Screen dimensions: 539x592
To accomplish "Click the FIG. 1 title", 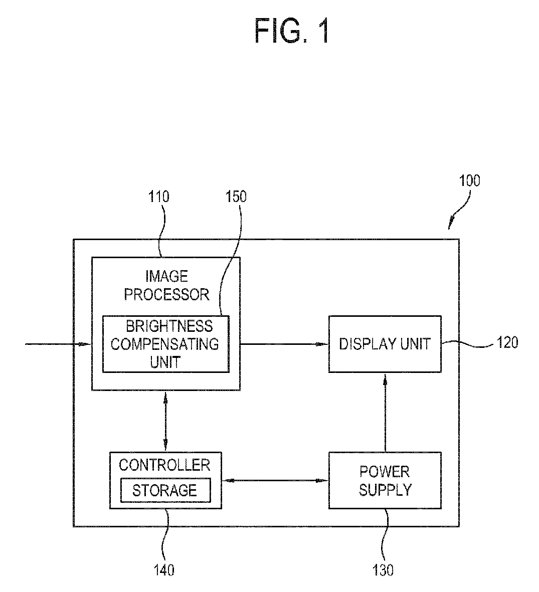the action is (292, 31).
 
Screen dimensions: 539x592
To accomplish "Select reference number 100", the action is (469, 181).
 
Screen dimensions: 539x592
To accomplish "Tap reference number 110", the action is (158, 196).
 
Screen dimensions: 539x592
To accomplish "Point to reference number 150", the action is (236, 196).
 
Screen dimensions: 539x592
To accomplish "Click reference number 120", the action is (507, 342).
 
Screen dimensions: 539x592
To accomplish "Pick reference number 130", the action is (383, 570).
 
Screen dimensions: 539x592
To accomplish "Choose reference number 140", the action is (164, 570).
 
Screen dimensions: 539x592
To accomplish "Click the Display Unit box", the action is (385, 344).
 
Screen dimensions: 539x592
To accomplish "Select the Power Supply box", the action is (385, 480).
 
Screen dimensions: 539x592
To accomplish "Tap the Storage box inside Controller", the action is (165, 490).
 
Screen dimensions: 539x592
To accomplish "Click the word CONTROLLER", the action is (164, 465).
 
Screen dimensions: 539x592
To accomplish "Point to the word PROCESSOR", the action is (166, 294).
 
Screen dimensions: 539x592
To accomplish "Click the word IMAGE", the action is (166, 276).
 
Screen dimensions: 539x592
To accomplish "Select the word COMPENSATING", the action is (164, 344).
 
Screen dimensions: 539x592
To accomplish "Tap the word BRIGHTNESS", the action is (169, 326).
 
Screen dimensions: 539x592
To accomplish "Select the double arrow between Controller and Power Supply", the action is (275, 480).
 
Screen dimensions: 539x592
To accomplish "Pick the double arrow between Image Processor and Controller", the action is (165, 421).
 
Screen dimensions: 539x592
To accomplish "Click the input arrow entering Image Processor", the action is (58, 344).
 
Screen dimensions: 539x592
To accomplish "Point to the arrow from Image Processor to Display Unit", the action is (284, 344).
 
